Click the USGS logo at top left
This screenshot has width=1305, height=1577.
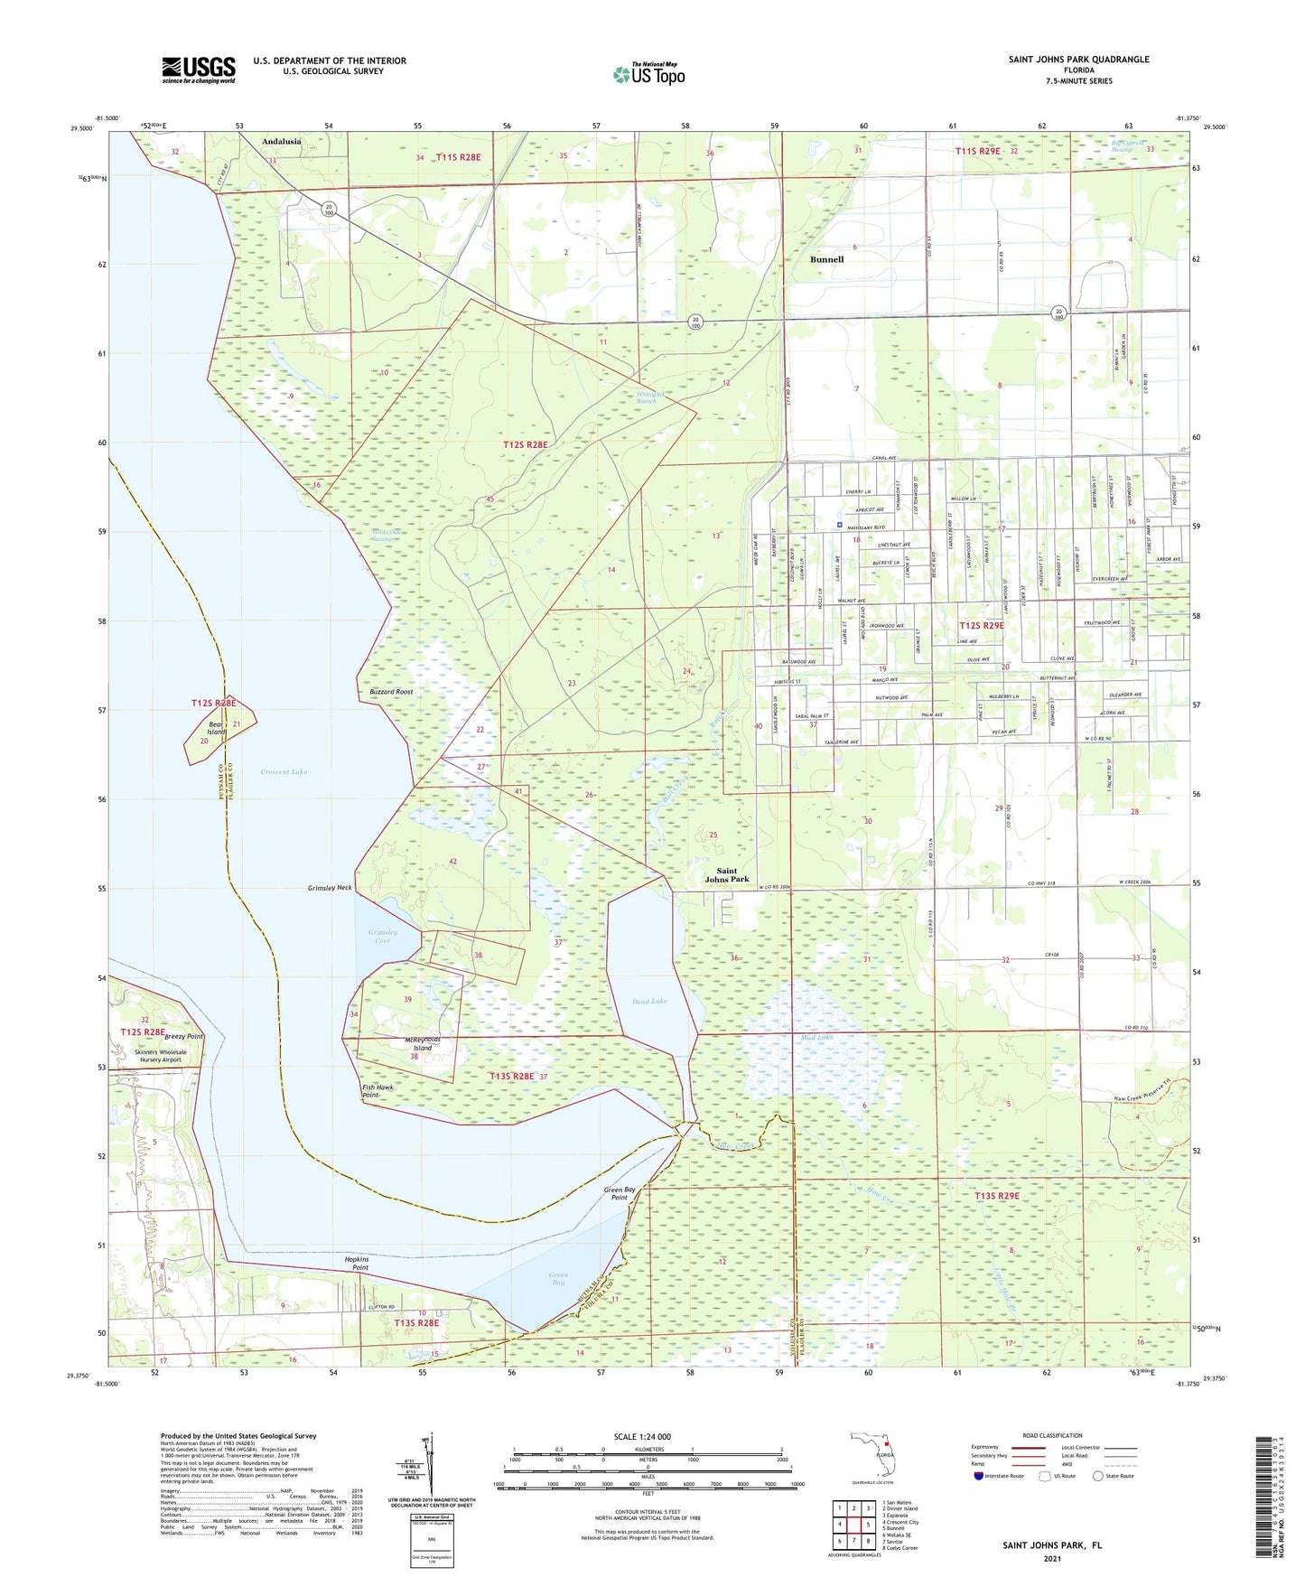pos(198,70)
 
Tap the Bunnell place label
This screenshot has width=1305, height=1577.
pos(826,259)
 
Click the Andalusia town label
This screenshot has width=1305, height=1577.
pos(282,142)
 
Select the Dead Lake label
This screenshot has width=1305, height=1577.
pos(649,1001)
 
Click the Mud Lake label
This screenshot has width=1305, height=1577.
pos(816,1038)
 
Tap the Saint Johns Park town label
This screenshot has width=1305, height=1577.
pos(727,875)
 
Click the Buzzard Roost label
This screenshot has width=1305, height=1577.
pos(391,692)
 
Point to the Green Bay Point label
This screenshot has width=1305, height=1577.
pos(620,1193)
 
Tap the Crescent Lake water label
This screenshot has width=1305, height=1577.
pos(284,772)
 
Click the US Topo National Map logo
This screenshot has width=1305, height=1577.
pos(648,74)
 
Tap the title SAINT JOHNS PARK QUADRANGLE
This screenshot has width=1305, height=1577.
pos(1078,60)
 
